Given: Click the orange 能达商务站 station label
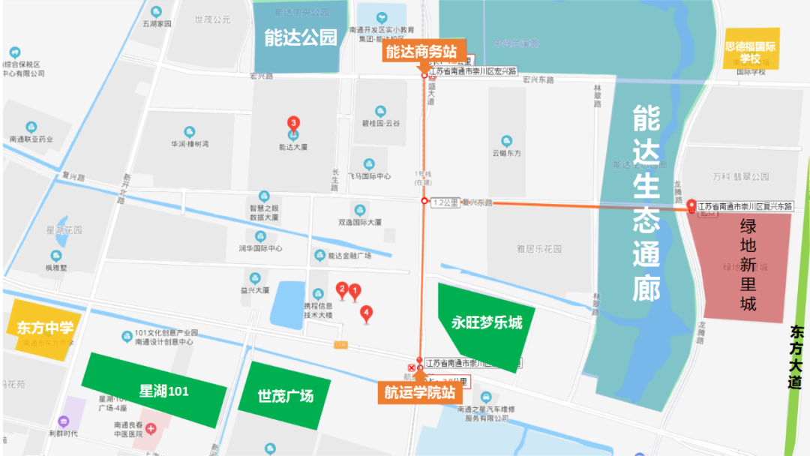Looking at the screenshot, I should tap(421, 52).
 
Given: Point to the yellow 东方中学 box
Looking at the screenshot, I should tap(45, 328).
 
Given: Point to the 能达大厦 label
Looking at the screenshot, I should tap(292, 148).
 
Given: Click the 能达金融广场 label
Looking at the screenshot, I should tap(349, 256).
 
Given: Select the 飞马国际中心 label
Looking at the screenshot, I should tap(369, 176).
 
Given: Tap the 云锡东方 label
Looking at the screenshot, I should tap(506, 153).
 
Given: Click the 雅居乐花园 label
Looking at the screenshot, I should tap(539, 249).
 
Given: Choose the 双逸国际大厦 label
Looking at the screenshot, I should tap(360, 223).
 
